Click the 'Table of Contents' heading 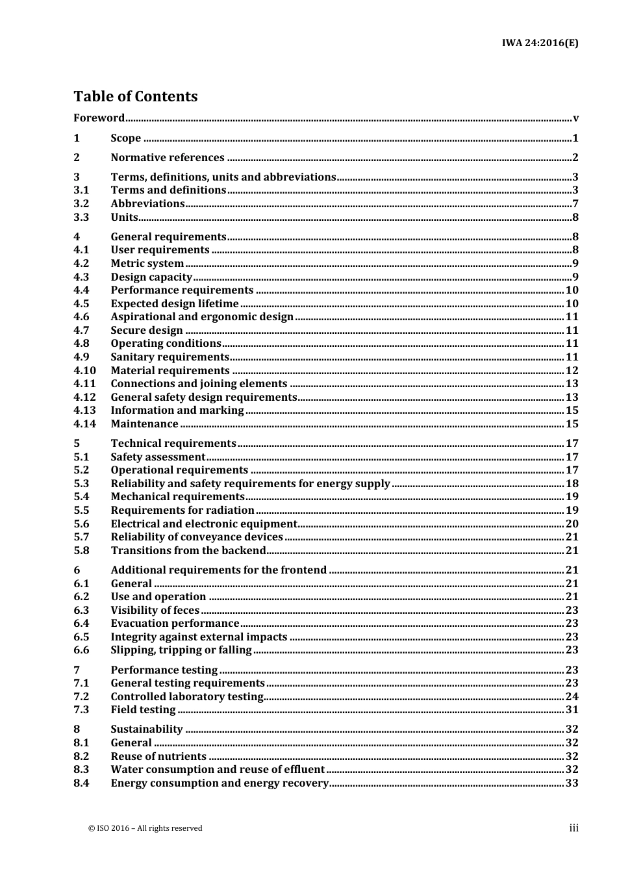point(135,96)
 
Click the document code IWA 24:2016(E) point(540,43)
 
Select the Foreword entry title point(99,118)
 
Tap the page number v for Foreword point(575,118)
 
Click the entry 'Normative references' point(167,157)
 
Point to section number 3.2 point(81,203)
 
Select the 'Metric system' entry point(147,263)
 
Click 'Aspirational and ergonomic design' point(202,316)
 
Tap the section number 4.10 point(84,370)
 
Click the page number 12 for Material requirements point(572,370)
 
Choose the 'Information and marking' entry point(177,410)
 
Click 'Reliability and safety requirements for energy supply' point(250,483)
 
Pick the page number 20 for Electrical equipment point(572,524)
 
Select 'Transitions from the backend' point(188,550)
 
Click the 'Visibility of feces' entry point(155,610)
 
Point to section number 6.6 point(81,650)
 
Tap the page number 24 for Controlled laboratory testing point(572,696)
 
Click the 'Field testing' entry point(143,709)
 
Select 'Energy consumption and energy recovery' point(220,783)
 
